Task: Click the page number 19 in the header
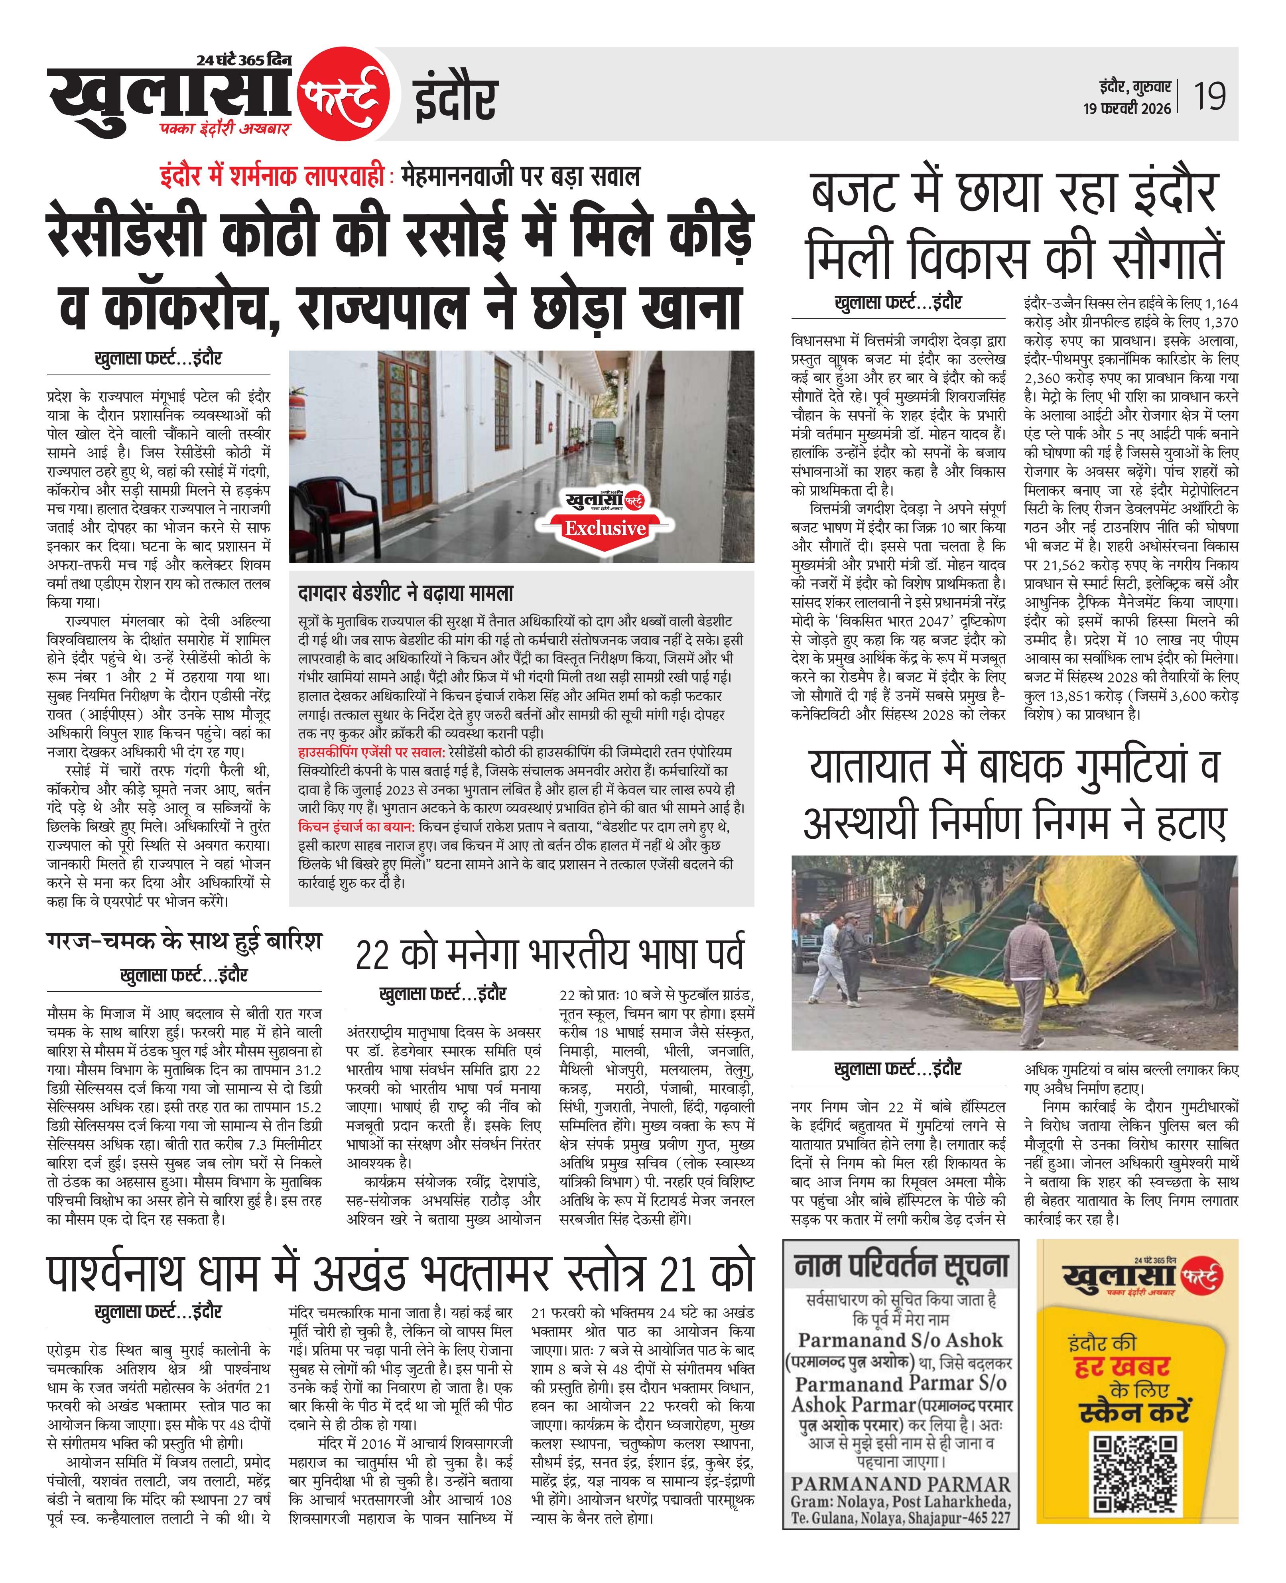click(x=1209, y=96)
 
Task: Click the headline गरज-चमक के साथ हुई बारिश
click(x=184, y=942)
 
